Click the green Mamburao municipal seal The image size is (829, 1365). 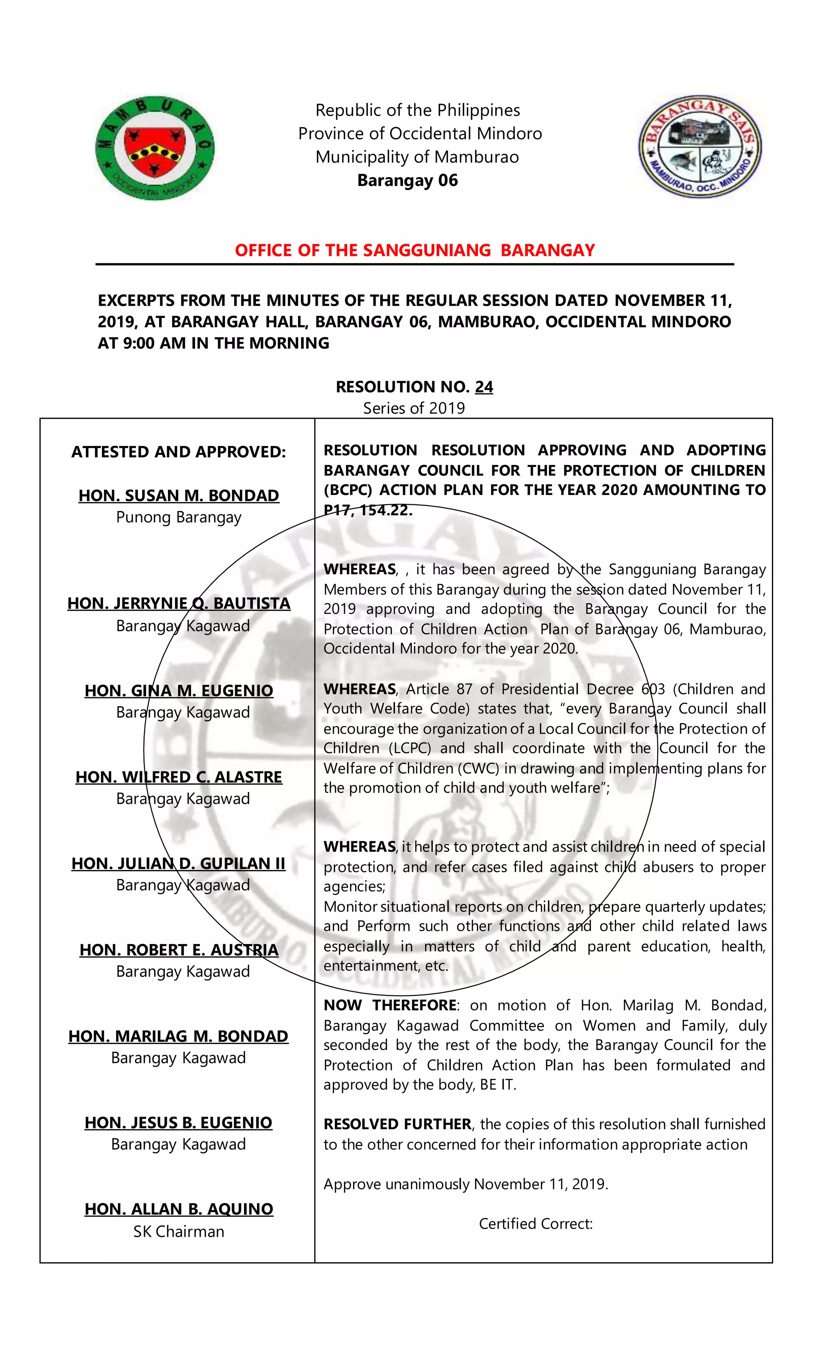point(155,148)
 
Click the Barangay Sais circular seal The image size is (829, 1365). point(699,145)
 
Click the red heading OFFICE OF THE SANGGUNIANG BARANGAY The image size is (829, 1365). point(414,250)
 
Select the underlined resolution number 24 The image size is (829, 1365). point(484,387)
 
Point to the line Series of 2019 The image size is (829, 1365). point(414,408)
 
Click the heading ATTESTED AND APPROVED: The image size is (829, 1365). point(179,452)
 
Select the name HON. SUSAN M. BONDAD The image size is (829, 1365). point(179,495)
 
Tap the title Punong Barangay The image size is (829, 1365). point(179,518)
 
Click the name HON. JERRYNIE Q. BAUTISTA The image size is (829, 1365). point(179,603)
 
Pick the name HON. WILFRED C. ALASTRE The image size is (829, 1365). point(179,777)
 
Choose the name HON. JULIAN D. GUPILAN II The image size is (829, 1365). point(179,864)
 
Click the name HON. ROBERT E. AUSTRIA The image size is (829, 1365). point(179,950)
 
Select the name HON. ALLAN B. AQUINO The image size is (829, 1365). point(179,1209)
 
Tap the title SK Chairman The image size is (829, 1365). point(179,1231)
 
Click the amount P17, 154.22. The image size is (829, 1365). point(368,510)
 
